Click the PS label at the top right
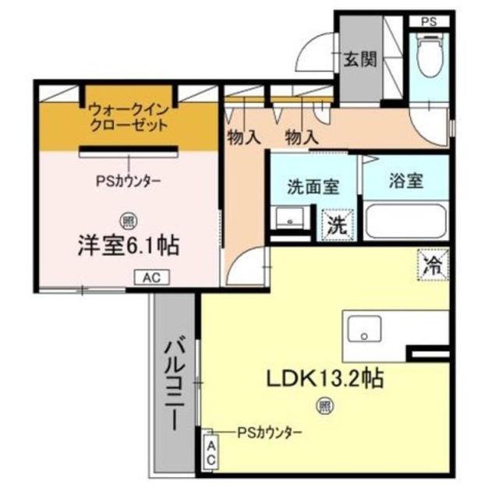tap(430, 21)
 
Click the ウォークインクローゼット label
tap(127, 117)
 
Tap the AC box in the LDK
tap(210, 451)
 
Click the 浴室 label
tap(405, 181)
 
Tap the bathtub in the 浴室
tap(407, 221)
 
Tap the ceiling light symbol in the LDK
tap(323, 405)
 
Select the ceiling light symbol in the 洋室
tap(127, 219)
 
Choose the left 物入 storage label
tap(243, 138)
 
